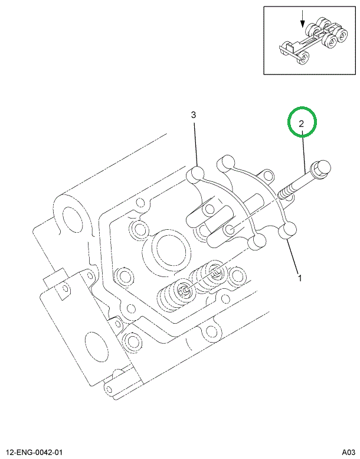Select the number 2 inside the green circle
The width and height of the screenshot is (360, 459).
tap(302, 123)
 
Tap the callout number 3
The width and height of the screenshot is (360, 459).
tap(193, 115)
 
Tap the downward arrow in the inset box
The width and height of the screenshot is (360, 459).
tap(302, 20)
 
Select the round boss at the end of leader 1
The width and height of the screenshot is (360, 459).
tap(288, 231)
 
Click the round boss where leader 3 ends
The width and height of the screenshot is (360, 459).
tap(195, 175)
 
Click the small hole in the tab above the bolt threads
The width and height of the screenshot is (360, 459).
tap(269, 175)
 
